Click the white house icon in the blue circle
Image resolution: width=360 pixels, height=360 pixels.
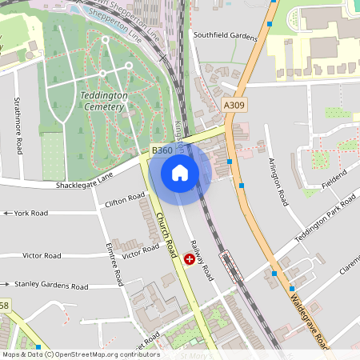coord(180,172)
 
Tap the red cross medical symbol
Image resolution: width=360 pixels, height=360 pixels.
coord(190,258)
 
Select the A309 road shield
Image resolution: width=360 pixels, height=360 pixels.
coord(234,105)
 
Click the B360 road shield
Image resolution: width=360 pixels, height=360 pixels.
coord(162,150)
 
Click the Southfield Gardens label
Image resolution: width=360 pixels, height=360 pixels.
coord(226,36)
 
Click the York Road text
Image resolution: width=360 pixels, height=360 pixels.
coord(31,214)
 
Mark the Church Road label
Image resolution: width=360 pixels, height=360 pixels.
coord(166,233)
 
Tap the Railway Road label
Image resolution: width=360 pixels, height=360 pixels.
coord(202,262)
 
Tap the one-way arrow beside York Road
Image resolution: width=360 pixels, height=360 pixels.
coord(7,214)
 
